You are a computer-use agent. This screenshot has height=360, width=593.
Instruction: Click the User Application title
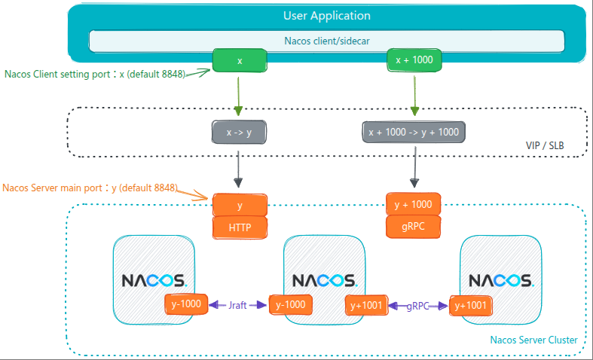326,15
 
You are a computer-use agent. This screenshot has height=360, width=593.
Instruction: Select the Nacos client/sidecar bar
326,41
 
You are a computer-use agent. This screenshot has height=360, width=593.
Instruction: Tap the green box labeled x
239,60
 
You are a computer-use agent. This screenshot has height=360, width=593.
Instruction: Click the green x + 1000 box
413,60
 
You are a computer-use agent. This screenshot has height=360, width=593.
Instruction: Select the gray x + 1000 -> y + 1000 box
413,132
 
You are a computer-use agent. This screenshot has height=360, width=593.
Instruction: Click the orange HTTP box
240,226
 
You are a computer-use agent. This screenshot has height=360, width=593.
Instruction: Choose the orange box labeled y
240,205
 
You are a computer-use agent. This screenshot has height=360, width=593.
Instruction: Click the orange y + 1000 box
413,204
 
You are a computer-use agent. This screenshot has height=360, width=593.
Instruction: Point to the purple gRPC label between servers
418,305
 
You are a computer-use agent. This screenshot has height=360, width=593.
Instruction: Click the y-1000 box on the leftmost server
185,305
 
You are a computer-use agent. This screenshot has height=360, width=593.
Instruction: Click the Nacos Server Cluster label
533,340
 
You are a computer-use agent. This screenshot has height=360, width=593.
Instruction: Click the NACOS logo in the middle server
326,280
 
